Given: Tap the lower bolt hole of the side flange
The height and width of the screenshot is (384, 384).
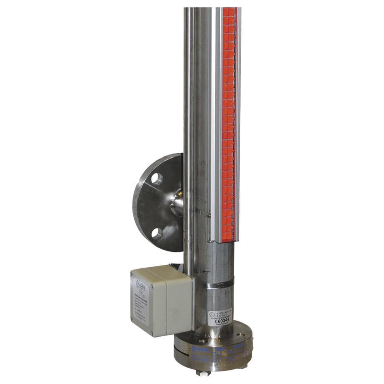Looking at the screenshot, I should (x=157, y=233).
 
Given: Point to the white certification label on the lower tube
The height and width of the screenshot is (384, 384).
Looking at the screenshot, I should (x=220, y=316).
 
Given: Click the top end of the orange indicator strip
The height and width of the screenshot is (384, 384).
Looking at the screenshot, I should (x=229, y=10).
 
